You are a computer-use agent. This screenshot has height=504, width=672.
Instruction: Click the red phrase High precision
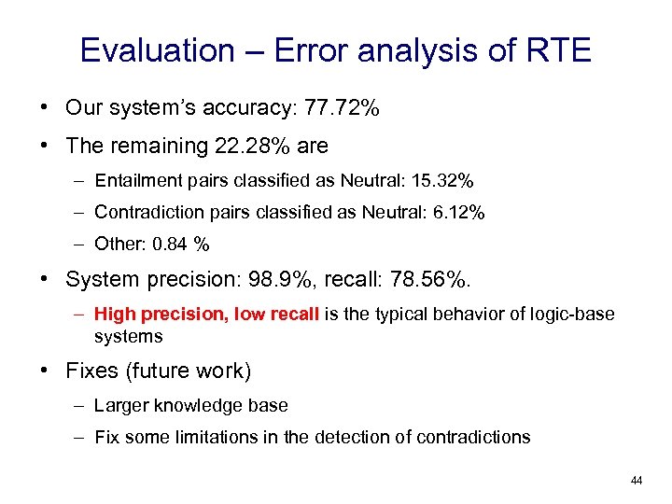coord(161,315)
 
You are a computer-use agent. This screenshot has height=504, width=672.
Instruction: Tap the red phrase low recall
coord(278,315)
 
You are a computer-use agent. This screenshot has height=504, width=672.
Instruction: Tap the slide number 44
coord(637,481)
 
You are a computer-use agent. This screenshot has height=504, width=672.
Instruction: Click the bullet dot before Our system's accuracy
coord(45,108)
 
